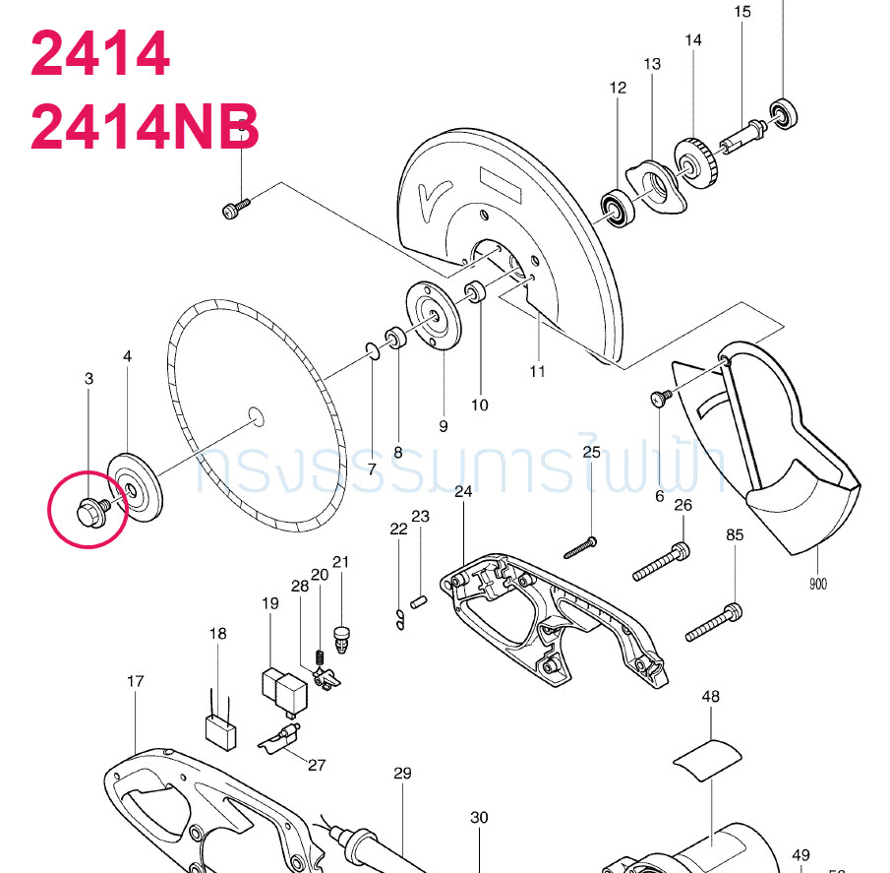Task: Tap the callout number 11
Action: (537, 371)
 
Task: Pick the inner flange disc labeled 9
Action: (434, 314)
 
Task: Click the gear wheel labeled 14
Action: (696, 159)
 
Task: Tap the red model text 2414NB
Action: (145, 127)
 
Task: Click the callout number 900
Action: (818, 584)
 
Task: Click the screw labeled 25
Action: (581, 546)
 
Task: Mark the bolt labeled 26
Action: (660, 561)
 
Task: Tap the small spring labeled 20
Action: (319, 657)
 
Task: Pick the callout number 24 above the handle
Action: (464, 491)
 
